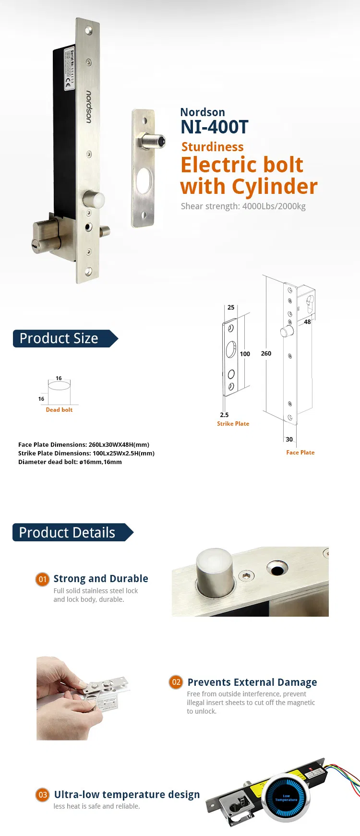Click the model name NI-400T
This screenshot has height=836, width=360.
pos(214,127)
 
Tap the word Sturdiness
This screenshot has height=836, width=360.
pos(212,147)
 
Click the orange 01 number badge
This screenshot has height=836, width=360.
pos(42,579)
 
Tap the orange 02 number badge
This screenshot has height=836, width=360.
pos(176,682)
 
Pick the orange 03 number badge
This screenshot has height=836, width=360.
pos(42,795)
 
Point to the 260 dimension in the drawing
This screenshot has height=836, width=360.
pos(266,353)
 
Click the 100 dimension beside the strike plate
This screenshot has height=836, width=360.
pos(245,354)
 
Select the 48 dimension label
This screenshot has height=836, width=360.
pos(307,322)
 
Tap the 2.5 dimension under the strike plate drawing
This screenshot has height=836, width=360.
pos(224,415)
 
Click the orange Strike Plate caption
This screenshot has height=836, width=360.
pos(233,424)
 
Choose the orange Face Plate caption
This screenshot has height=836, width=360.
pos(300,453)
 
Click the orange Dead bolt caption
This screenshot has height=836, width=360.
pos(59,410)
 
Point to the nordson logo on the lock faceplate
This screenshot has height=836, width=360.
pos(89,107)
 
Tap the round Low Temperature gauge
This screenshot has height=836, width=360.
pos(287,799)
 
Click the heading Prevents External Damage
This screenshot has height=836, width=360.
pos(252,682)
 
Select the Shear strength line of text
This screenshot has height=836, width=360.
pos(243,206)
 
